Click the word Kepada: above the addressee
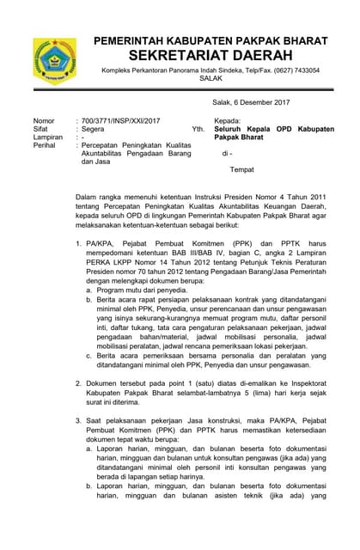click(227, 121)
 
